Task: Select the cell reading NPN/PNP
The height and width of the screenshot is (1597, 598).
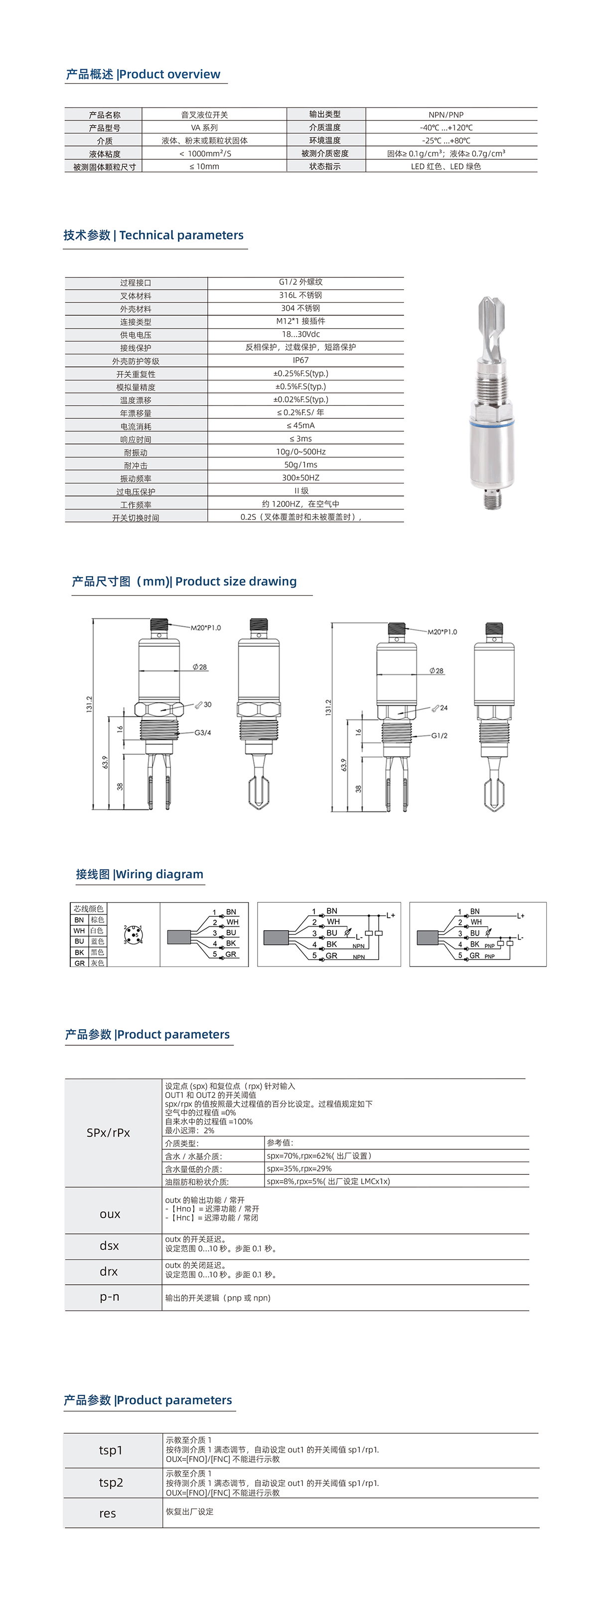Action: pos(446,115)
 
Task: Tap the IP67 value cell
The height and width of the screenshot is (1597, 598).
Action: pos(300,360)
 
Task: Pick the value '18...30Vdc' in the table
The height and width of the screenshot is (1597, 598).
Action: pos(300,334)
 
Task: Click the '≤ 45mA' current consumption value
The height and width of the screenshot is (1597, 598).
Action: pos(300,426)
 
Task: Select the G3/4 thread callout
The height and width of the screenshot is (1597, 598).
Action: pos(202,733)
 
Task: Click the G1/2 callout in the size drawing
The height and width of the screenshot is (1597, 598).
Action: pos(439,736)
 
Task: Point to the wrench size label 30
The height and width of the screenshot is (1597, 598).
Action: pos(207,705)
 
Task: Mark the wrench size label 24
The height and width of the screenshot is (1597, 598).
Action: pos(444,708)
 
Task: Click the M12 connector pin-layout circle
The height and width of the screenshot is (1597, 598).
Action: pos(133,934)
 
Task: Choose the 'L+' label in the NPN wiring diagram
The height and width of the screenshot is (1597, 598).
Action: pos(390,916)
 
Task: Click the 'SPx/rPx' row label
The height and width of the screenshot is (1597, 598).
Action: pos(109,1133)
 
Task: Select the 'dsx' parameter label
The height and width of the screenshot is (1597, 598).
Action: pos(109,1245)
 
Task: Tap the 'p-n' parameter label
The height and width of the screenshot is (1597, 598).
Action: pos(109,1297)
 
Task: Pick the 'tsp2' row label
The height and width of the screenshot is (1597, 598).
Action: pos(111,1482)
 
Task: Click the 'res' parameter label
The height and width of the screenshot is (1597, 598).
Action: pos(107,1513)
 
